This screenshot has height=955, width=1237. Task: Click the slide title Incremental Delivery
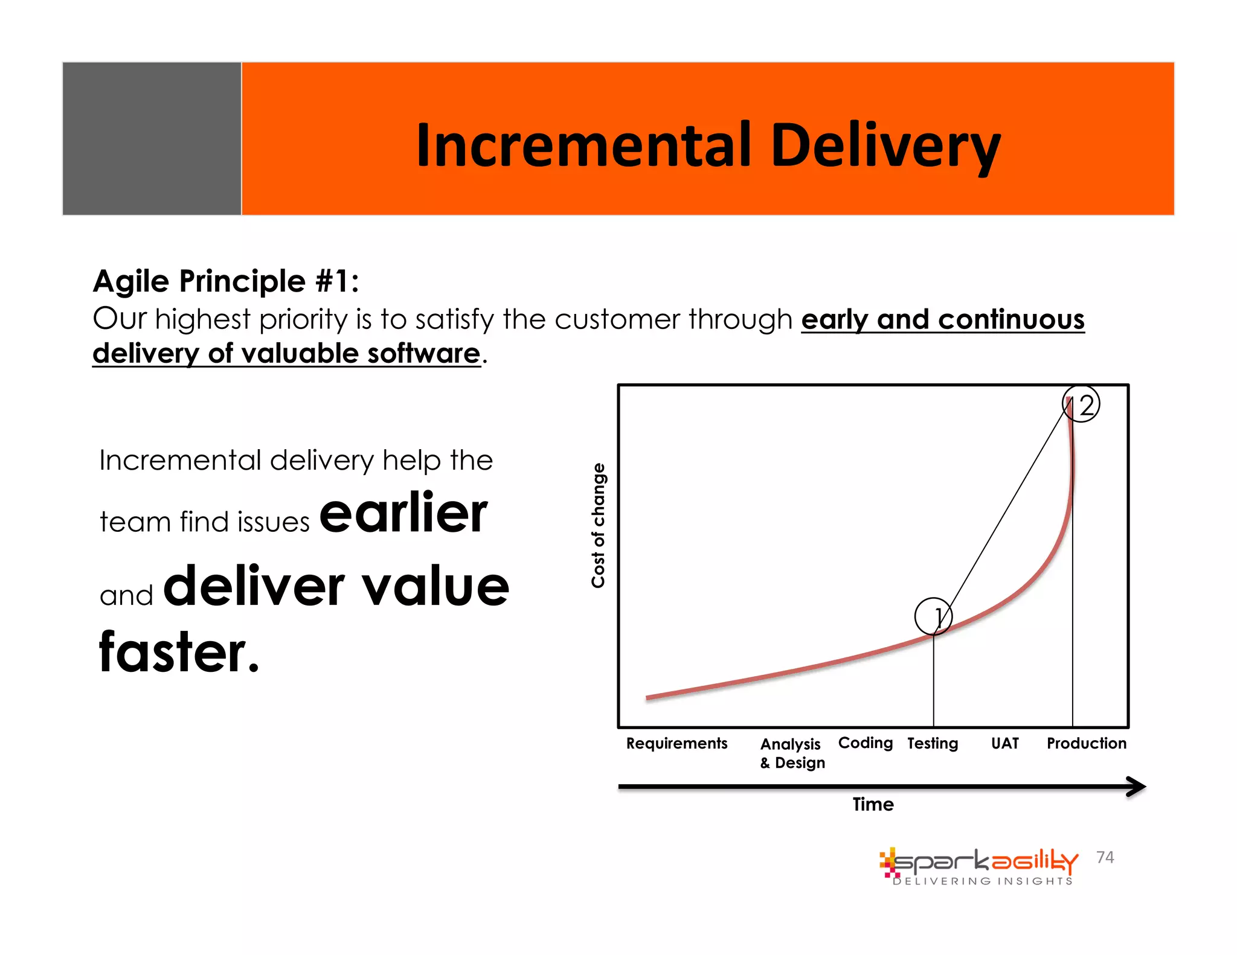pos(708,145)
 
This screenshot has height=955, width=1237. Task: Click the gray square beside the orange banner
pos(152,138)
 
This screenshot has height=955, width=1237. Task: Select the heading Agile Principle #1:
pos(226,281)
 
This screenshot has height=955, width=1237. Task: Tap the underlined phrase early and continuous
pos(942,319)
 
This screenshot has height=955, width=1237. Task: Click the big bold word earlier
pos(403,513)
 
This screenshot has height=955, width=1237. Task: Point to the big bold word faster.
pos(179,652)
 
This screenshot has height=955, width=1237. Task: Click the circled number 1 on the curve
pos(933,616)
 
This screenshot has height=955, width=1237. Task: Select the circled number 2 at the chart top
pos(1081,404)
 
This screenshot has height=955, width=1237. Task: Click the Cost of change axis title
pos(598,525)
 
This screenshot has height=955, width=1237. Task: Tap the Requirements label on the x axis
pos(676,743)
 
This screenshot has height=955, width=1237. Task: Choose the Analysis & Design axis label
pos(792,753)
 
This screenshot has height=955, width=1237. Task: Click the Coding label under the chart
pos(865,743)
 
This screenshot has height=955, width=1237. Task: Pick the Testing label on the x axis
pos(933,743)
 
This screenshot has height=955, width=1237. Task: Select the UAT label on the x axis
pos(1004,743)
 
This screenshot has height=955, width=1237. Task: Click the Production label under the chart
pos(1086,743)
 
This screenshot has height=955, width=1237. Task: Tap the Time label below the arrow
pos(873,804)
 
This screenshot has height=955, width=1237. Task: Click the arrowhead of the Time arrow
pos(1137,787)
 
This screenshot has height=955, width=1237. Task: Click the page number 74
pos(1105,857)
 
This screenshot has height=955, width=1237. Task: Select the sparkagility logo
pos(978,862)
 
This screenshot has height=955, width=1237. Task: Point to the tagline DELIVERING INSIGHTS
pos(983,881)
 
